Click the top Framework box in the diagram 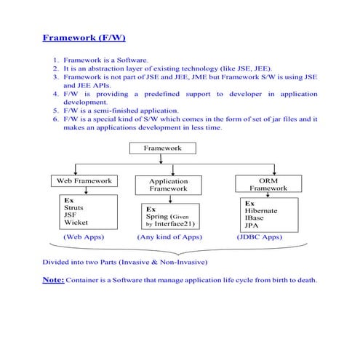162,148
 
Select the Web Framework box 84,180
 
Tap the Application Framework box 168,185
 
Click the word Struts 74,207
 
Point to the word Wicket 76,223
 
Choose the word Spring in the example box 159,216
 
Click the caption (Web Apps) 84,237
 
